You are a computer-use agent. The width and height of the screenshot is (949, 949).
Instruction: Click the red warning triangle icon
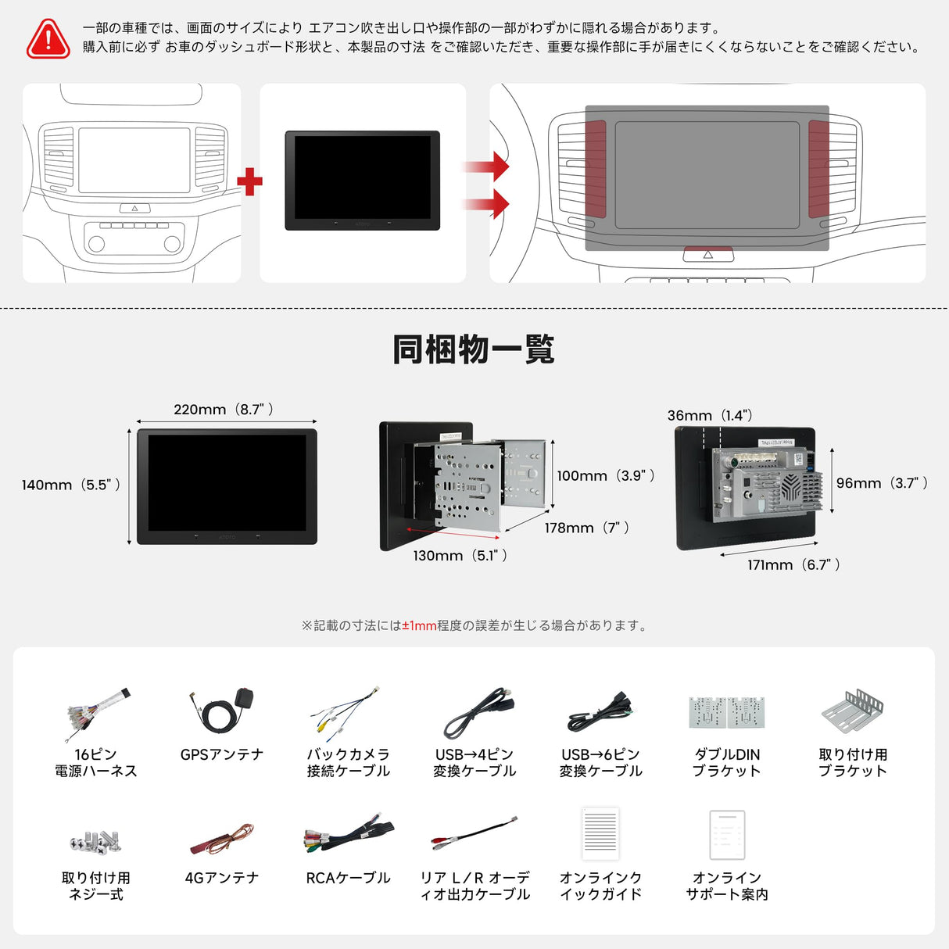click(48, 38)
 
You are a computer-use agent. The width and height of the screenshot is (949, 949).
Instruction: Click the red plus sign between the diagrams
click(249, 182)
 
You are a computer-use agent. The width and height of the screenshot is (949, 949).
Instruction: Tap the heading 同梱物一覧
click(474, 349)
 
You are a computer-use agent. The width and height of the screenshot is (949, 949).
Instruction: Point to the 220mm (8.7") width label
click(224, 410)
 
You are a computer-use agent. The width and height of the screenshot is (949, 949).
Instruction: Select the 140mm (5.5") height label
click(71, 485)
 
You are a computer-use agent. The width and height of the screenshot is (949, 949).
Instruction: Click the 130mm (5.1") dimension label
click(460, 556)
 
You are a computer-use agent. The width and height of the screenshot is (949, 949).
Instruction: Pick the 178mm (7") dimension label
click(587, 528)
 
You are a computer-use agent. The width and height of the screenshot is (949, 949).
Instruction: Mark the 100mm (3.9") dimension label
click(606, 475)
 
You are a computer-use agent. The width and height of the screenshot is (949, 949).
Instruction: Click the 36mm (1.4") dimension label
click(711, 415)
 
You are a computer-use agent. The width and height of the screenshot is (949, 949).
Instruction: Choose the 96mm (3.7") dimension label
click(882, 483)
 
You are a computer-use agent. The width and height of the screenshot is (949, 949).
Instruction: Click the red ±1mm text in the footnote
click(419, 625)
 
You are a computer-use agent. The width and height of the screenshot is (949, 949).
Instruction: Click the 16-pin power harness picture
click(96, 713)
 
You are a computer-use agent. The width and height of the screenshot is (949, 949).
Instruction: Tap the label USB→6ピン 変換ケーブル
click(600, 763)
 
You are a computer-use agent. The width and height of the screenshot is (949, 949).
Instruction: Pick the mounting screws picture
click(95, 840)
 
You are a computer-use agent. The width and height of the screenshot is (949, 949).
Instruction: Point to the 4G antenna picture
click(222, 840)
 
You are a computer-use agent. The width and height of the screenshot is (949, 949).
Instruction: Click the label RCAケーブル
click(348, 878)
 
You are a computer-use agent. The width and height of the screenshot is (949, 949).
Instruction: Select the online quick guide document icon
click(600, 834)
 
